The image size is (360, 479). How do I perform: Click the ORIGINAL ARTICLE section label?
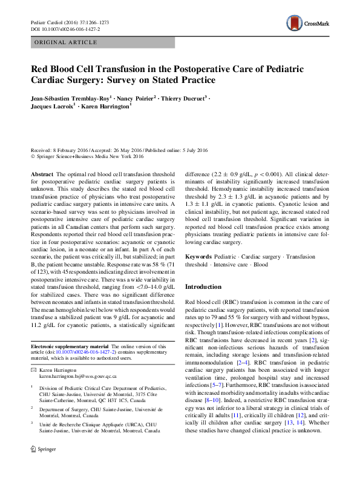coord(67,43)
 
